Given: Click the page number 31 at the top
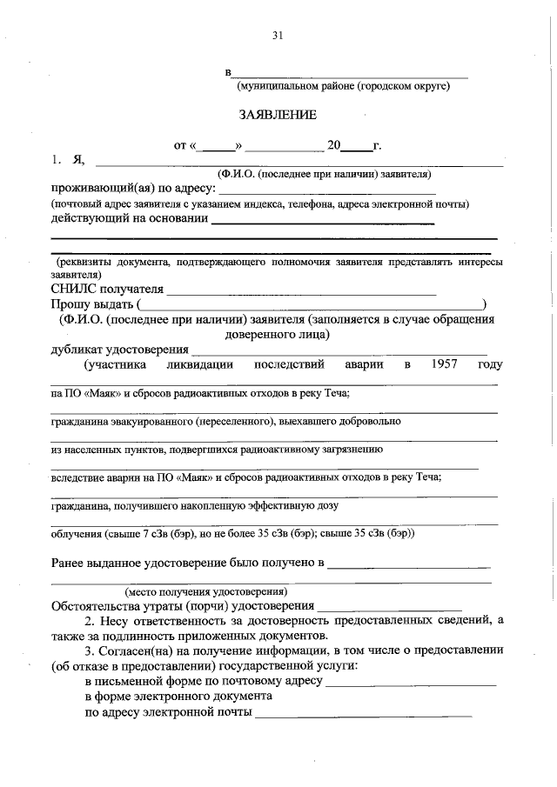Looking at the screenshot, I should click(x=278, y=36).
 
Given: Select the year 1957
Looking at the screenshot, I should click(x=444, y=363).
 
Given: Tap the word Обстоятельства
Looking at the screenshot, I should click(x=98, y=605).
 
